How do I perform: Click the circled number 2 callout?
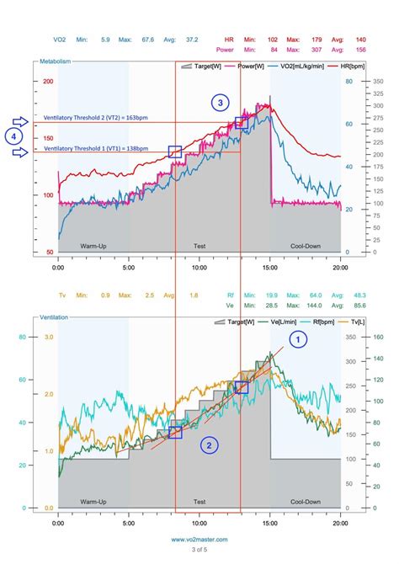click(x=210, y=445)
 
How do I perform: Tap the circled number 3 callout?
click(x=220, y=103)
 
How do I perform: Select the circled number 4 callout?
click(x=12, y=136)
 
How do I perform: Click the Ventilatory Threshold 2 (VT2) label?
click(x=96, y=119)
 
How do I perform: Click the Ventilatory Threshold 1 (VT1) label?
click(x=96, y=148)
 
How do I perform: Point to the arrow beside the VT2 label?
click(x=24, y=123)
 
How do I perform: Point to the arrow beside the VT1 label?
click(x=24, y=152)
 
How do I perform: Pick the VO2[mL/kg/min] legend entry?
click(x=282, y=65)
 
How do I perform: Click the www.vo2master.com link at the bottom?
click(x=199, y=540)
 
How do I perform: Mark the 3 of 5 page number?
click(x=199, y=550)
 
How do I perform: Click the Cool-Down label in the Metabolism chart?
click(x=305, y=246)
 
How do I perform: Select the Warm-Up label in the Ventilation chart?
click(x=93, y=502)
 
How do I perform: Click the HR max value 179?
click(x=293, y=39)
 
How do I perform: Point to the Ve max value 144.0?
click(x=293, y=305)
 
